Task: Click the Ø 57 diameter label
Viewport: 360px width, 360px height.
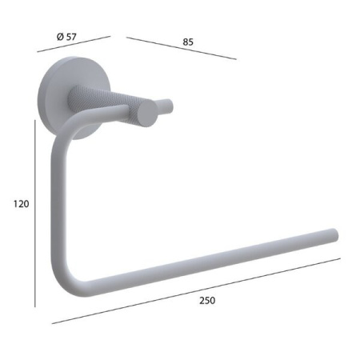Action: click(66, 37)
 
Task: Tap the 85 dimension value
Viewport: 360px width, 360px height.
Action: click(188, 42)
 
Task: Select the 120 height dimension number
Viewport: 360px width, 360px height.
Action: click(22, 204)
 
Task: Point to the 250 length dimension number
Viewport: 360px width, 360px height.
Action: click(207, 301)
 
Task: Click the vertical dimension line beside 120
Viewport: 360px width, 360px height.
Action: click(35, 214)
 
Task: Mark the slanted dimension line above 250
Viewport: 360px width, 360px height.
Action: click(196, 291)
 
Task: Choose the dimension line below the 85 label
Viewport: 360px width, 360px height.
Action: click(182, 48)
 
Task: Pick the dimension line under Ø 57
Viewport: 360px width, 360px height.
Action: click(74, 44)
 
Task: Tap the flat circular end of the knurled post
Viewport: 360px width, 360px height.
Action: click(148, 113)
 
